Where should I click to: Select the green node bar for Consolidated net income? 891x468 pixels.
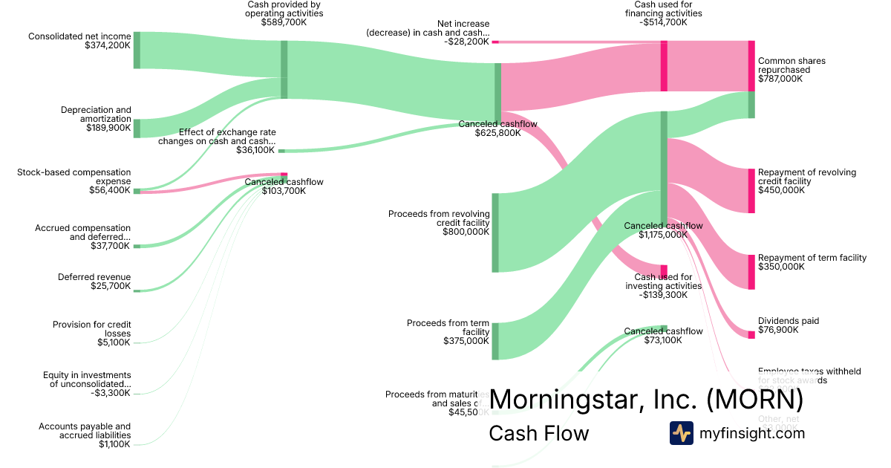click(137, 51)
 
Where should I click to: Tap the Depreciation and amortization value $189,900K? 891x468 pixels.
click(108, 128)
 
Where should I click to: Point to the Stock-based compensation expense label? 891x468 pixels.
click(74, 177)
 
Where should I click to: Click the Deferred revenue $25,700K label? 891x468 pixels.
click(94, 282)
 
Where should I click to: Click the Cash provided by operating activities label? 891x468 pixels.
click(284, 13)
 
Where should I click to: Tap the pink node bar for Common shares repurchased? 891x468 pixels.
click(751, 66)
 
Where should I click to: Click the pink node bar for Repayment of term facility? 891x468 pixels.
click(751, 272)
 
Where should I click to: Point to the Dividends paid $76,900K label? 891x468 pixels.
click(789, 325)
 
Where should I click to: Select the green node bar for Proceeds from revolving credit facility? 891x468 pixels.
click(495, 233)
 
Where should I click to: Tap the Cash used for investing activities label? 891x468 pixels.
click(663, 286)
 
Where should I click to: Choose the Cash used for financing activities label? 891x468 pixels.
click(663, 13)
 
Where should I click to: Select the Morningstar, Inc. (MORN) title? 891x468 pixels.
click(646, 399)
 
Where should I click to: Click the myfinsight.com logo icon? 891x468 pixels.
click(681, 433)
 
